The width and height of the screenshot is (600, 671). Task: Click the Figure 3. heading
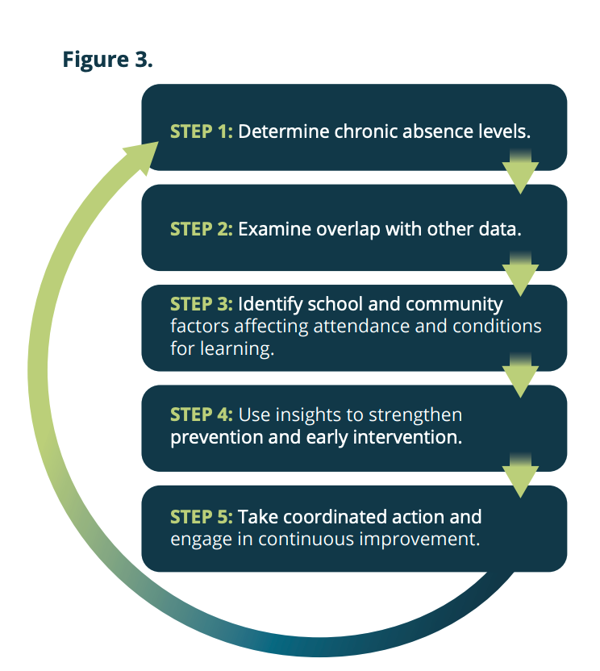pos(107,60)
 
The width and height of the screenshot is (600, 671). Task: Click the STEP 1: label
pos(201,131)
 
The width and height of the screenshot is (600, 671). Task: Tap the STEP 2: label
pos(201,229)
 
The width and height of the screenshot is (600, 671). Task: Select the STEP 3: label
pos(201,305)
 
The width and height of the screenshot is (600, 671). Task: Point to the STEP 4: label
pos(201,415)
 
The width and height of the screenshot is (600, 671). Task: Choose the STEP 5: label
pos(201,516)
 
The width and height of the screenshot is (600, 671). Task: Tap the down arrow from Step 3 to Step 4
pos(520,376)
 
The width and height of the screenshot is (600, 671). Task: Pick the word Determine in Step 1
pos(277,131)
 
